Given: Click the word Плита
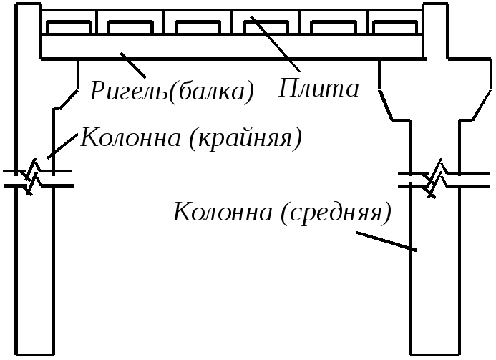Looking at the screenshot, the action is tap(318, 88).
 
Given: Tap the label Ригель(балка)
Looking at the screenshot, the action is tap(172, 92).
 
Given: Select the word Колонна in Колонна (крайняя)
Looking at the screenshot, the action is tap(131, 137).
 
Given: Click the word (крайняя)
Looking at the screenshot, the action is tap(245, 139).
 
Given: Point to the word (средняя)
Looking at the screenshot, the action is tap(336, 213).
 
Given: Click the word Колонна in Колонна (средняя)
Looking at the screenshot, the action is tap(223, 212).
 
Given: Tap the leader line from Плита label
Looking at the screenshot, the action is tap(275, 44).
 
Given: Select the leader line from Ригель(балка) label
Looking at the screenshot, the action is tap(133, 65).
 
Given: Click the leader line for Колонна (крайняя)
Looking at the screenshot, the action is tap(63, 145).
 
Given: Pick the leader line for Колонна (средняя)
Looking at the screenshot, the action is tap(386, 241).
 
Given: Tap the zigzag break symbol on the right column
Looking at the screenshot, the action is tap(435, 179).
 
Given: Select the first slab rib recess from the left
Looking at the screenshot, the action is tap(69, 27).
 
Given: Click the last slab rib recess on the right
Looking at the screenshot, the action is tap(395, 27).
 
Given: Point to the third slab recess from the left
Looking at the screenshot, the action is tap(198, 27).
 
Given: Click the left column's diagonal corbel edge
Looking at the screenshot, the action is tap(68, 99).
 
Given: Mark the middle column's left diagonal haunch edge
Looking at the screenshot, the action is tap(386, 105).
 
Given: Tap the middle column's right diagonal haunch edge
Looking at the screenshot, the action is tap(482, 104).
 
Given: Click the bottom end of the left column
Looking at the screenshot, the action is tap(34, 354).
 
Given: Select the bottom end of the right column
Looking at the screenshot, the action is tap(434, 354).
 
